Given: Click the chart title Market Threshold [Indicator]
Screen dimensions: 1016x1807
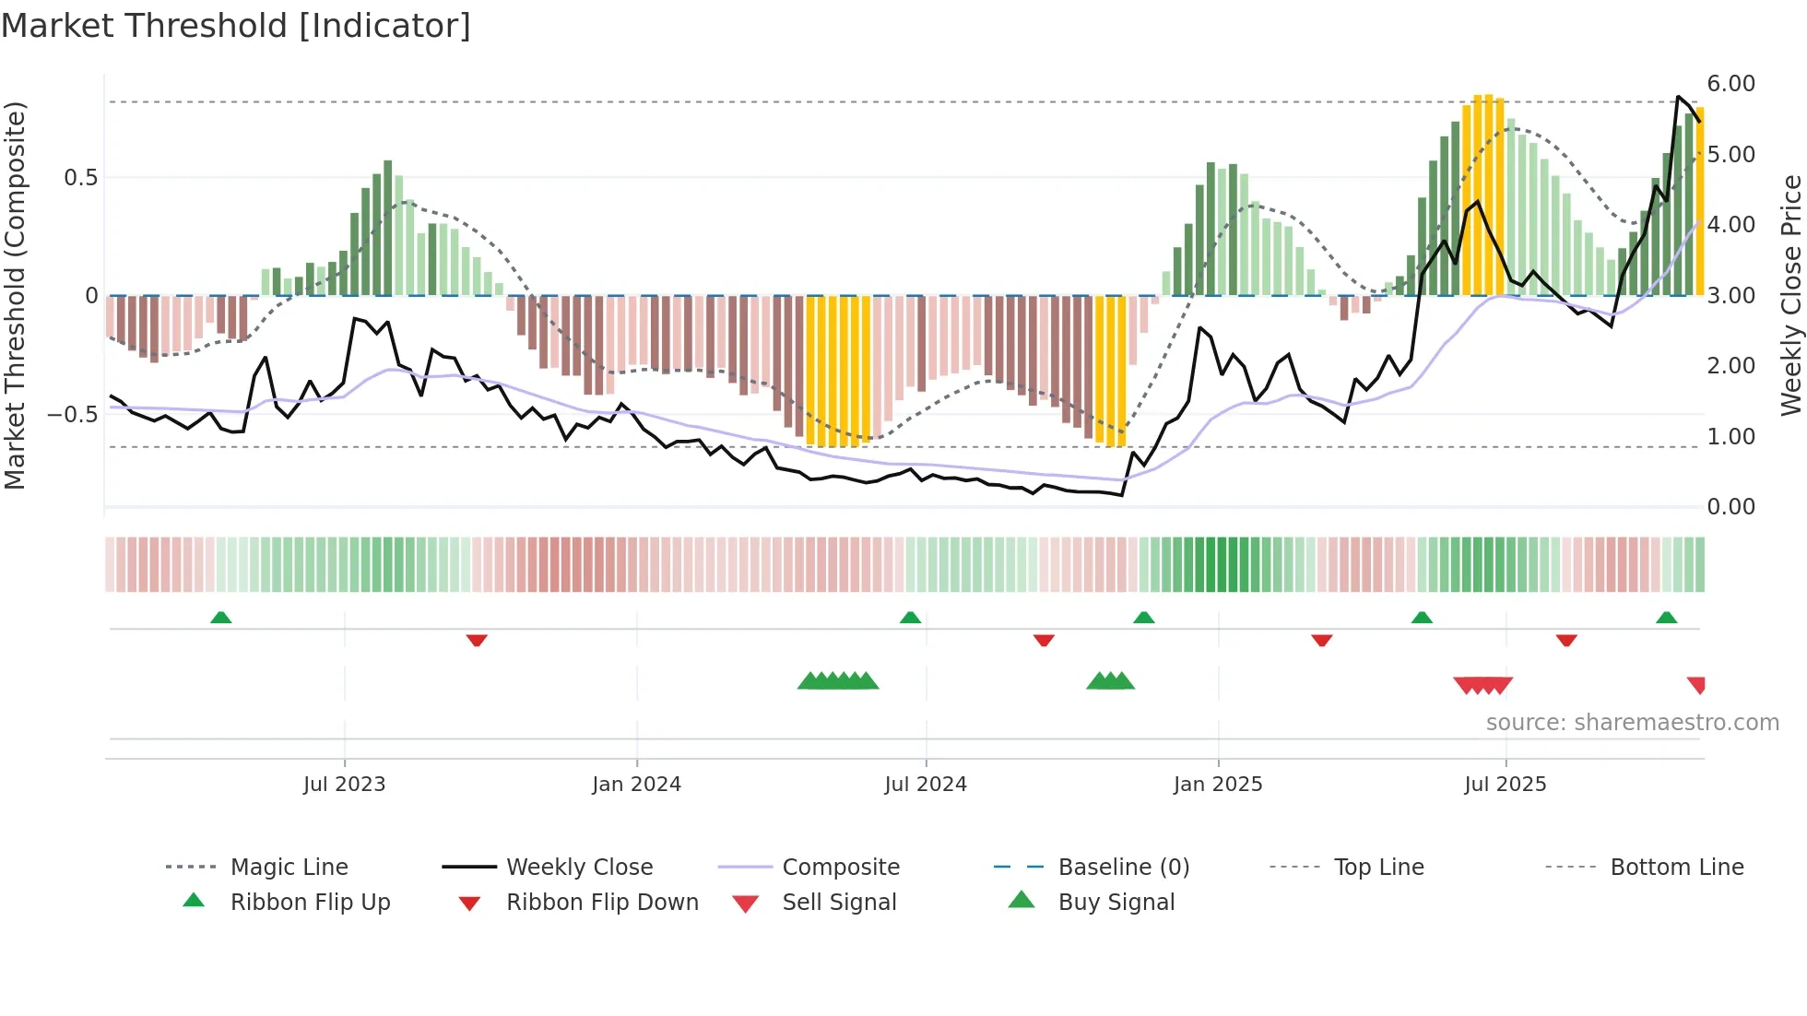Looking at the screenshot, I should (236, 26).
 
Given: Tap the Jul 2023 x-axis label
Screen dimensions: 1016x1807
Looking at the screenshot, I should (344, 785).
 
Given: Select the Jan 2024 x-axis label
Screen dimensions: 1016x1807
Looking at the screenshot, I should (636, 785).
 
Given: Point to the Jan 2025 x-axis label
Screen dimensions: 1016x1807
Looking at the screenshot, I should (1217, 785).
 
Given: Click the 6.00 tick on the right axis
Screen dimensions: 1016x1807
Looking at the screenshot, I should (1730, 84).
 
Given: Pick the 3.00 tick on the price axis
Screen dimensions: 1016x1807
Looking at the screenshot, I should (1730, 296).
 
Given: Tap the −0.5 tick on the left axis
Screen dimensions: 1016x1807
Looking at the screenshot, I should (73, 415).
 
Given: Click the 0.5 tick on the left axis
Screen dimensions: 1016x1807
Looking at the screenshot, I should (80, 178).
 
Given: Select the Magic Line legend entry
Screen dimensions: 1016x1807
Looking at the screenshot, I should (289, 868).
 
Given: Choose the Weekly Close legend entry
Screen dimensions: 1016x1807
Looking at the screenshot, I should (579, 868).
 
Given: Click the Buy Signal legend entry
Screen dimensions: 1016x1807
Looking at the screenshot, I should (1116, 903).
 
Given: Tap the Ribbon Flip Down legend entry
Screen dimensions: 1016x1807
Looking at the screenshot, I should (602, 903).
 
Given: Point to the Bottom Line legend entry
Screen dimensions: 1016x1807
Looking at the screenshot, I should (1676, 868).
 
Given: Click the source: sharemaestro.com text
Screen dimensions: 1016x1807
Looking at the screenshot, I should (1632, 723).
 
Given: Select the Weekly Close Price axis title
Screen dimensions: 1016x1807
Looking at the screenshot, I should (1790, 295).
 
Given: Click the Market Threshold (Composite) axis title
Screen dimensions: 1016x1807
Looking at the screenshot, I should (15, 295).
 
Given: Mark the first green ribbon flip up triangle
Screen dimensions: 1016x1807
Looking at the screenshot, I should (220, 618).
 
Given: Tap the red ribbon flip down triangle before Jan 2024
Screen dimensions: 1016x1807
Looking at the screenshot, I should (477, 640).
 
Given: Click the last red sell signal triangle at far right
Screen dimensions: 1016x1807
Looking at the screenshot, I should (1696, 684).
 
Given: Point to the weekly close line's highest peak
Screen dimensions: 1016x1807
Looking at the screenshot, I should (1678, 97).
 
